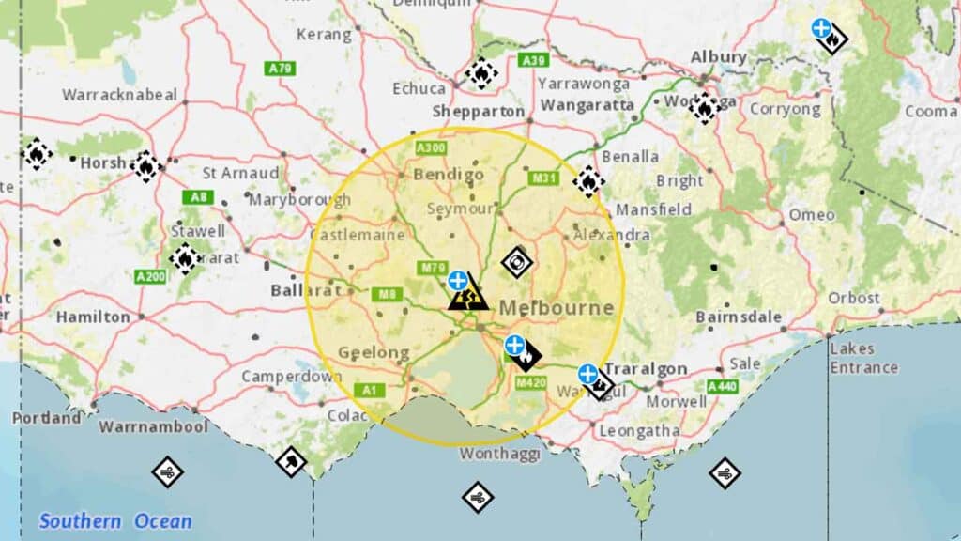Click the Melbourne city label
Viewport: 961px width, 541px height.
pyautogui.click(x=557, y=308)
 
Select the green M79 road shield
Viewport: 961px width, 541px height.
pyautogui.click(x=433, y=269)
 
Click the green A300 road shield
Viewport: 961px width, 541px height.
pyautogui.click(x=431, y=148)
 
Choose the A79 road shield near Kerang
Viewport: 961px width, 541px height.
pyautogui.click(x=280, y=69)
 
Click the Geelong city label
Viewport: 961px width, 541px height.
pyautogui.click(x=374, y=353)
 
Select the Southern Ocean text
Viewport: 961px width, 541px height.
pyautogui.click(x=114, y=521)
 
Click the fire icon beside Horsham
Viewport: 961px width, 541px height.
pyautogui.click(x=145, y=165)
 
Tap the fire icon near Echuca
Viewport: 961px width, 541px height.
pyautogui.click(x=481, y=73)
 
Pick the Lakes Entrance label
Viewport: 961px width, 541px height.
pyautogui.click(x=863, y=358)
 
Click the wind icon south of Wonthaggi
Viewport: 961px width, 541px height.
pyautogui.click(x=478, y=497)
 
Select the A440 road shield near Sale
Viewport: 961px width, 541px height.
pyautogui.click(x=723, y=386)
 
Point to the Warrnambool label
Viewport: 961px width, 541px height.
pyautogui.click(x=140, y=426)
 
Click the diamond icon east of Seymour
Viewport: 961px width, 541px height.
pyautogui.click(x=517, y=262)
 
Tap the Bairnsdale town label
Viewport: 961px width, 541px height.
pyautogui.click(x=739, y=317)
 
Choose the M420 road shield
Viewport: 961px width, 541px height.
pyautogui.click(x=530, y=382)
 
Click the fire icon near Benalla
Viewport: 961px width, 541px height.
pyautogui.click(x=588, y=181)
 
